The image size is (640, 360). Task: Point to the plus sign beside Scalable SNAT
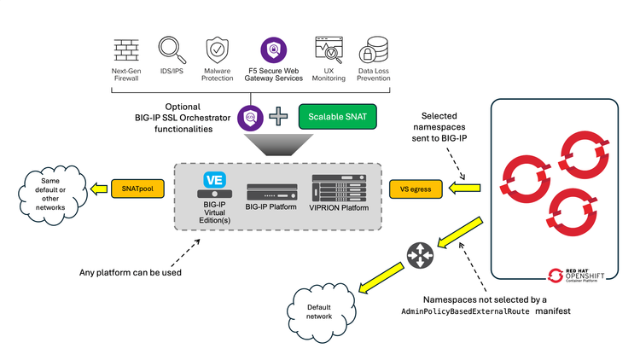(x=278, y=115)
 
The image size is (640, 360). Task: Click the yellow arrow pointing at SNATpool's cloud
(x=96, y=186)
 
